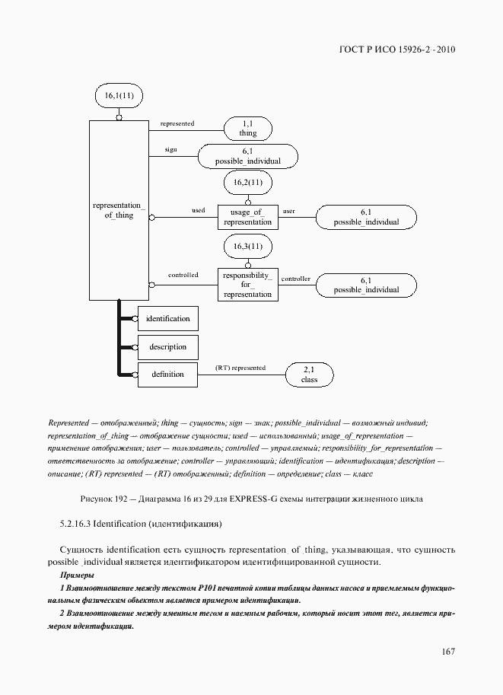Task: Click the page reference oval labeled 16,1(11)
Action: pyautogui.click(x=119, y=97)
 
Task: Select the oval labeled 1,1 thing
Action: pyautogui.click(x=248, y=128)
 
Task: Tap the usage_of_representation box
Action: pyautogui.click(x=247, y=217)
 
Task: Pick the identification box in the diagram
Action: pyautogui.click(x=167, y=318)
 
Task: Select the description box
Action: pyautogui.click(x=167, y=346)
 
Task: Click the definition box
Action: pyautogui.click(x=167, y=374)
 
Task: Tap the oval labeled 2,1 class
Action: pyautogui.click(x=309, y=374)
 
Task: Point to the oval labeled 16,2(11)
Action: pyautogui.click(x=248, y=183)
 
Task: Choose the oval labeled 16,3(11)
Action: pyautogui.click(x=248, y=247)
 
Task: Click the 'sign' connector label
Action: pyautogui.click(x=170, y=150)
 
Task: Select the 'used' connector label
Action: pyautogui.click(x=198, y=210)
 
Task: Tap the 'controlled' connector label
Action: pyautogui.click(x=183, y=275)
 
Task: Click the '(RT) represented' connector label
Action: pyautogui.click(x=240, y=368)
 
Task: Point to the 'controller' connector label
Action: pyautogui.click(x=295, y=279)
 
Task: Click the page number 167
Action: pyautogui.click(x=447, y=652)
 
